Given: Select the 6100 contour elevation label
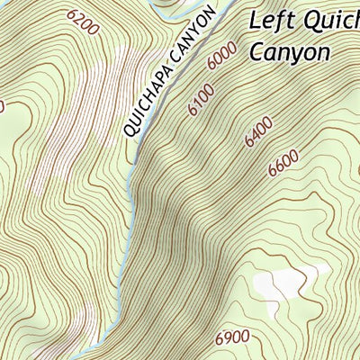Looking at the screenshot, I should [203, 100].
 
